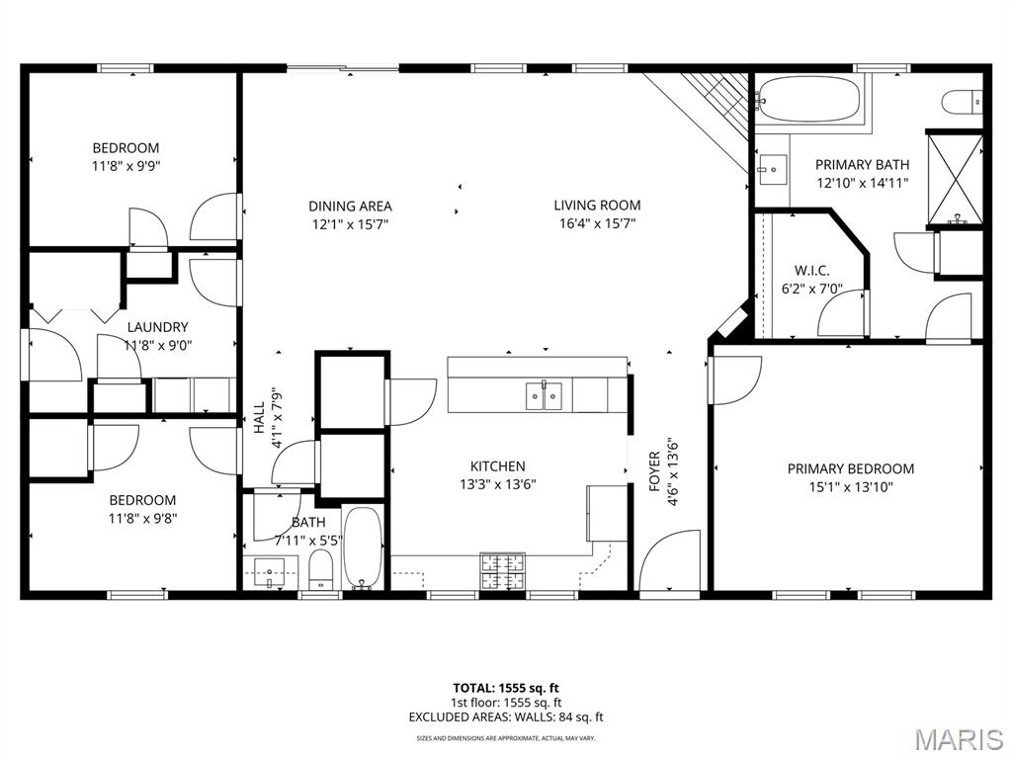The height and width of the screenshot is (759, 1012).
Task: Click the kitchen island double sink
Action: point(544,395)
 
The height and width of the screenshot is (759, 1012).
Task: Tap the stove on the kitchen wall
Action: point(502,572)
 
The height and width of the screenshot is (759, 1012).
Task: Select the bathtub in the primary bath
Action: point(807,99)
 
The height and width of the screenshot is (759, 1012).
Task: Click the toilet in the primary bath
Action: point(962,103)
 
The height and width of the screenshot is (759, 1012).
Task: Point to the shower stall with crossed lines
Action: point(955,177)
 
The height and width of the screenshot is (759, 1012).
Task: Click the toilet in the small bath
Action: point(320,570)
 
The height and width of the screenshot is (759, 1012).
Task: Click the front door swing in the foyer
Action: point(669,560)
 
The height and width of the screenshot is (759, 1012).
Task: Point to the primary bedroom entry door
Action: point(734,380)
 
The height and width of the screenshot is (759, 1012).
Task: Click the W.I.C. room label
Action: point(811,271)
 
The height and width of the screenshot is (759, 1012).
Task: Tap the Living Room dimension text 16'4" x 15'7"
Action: point(597,224)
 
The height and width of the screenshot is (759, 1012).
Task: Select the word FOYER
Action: point(655,471)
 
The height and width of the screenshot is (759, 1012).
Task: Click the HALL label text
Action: point(259,418)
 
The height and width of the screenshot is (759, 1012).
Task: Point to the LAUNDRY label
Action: point(157,327)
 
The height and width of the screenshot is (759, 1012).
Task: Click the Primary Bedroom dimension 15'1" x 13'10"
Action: point(851,486)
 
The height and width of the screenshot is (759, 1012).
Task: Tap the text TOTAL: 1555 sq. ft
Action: point(506,688)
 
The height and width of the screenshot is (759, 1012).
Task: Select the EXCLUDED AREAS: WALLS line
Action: point(506,717)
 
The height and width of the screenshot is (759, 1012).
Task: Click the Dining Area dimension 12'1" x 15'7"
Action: point(350,224)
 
